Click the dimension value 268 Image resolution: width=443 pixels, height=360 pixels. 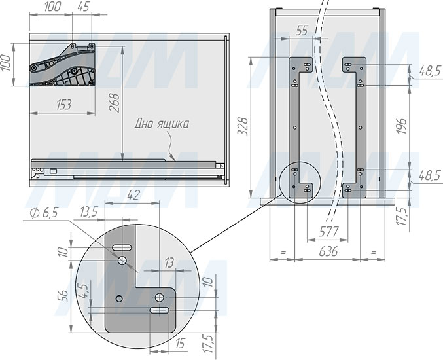pyautogui.click(x=115, y=103)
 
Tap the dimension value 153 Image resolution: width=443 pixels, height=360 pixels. pyautogui.click(x=64, y=105)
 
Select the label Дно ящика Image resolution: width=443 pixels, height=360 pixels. pyautogui.click(x=162, y=124)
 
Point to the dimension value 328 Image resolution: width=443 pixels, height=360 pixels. pyautogui.click(x=242, y=126)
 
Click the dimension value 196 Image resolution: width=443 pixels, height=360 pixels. pyautogui.click(x=401, y=126)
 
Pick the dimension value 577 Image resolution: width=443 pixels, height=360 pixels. pyautogui.click(x=328, y=232)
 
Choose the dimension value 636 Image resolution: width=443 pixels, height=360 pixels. pyautogui.click(x=328, y=251)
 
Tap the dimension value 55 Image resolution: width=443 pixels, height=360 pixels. pyautogui.click(x=302, y=31)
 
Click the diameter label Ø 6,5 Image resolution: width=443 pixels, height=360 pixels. pyautogui.click(x=44, y=213)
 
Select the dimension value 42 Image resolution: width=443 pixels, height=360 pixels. pyautogui.click(x=133, y=195)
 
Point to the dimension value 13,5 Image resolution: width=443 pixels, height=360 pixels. pyautogui.click(x=89, y=211)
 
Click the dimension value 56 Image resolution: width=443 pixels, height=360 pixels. pyautogui.click(x=64, y=296)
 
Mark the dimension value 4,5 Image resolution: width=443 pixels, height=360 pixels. pyautogui.click(x=84, y=291)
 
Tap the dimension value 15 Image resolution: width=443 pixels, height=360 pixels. pyautogui.click(x=180, y=344)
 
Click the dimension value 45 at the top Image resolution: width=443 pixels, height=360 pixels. pyautogui.click(x=83, y=7)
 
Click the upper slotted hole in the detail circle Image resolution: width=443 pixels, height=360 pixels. pyautogui.click(x=122, y=248)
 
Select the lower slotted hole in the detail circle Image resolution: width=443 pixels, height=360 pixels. pyautogui.click(x=160, y=310)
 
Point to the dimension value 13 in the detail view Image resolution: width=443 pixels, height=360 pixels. pyautogui.click(x=169, y=262)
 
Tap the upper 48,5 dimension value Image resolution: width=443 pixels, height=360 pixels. pyautogui.click(x=430, y=71)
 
